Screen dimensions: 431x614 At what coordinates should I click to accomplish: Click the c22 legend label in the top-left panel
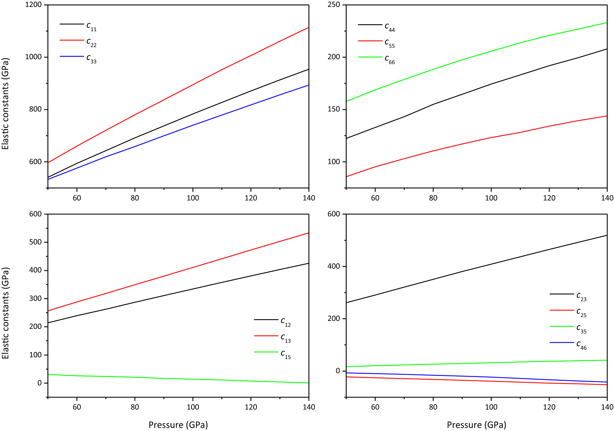point(91,42)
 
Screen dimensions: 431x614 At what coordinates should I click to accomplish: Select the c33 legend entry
point(91,59)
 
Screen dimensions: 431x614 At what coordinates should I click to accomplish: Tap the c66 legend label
point(390,59)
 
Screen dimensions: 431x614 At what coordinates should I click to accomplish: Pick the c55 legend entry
point(390,43)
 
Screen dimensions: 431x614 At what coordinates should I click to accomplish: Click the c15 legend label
point(286,354)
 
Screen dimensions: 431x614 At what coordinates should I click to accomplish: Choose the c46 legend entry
point(581,345)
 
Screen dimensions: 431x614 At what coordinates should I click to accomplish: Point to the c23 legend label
point(581,296)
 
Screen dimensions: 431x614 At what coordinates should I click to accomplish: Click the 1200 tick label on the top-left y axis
point(33,5)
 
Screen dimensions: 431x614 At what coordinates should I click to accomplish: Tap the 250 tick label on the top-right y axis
point(334,5)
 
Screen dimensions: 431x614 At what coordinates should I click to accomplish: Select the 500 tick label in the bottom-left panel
point(35,242)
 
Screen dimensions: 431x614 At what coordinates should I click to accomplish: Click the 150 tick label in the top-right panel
point(334,109)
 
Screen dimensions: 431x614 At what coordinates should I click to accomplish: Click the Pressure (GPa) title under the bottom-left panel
point(178,425)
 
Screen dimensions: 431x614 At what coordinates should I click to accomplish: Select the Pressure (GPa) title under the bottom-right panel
point(477,425)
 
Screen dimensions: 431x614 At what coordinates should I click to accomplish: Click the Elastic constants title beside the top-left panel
point(5,104)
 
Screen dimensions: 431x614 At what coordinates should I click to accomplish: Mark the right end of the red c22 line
point(308,27)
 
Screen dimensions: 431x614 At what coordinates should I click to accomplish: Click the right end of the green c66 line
point(607,23)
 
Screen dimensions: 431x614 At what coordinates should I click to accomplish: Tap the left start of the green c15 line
point(48,375)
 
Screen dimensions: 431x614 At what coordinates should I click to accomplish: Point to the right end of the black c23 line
point(607,235)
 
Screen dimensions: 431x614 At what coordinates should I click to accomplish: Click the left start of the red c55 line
point(347,177)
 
